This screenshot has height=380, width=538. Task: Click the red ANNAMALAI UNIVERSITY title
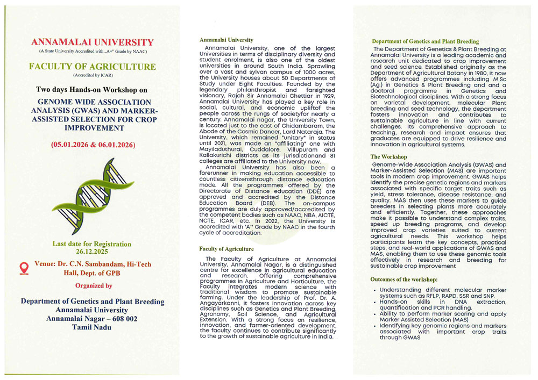point(93,42)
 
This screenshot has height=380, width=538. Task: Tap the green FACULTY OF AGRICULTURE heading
point(93,67)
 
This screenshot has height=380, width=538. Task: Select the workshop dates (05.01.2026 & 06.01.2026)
point(93,146)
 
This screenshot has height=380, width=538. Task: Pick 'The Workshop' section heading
point(389,157)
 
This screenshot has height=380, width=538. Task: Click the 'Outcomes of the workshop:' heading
point(403,279)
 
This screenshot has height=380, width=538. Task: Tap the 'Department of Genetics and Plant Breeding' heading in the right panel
point(425,41)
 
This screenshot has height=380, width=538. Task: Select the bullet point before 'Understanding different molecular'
point(374,290)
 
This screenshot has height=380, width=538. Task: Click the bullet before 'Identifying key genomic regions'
point(374,326)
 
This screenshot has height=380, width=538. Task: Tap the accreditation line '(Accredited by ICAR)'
point(93,76)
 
